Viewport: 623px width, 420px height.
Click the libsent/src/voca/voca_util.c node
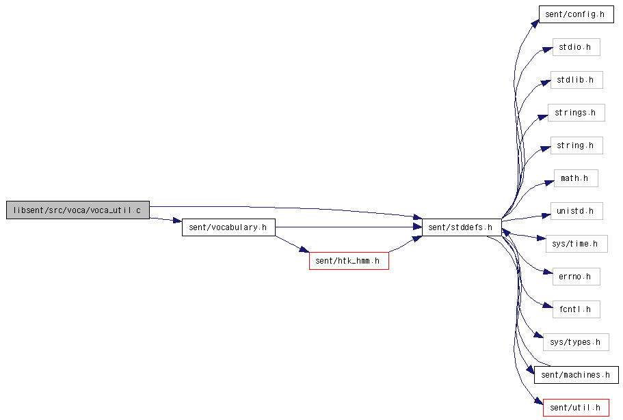78,210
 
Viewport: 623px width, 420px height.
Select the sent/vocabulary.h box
228,227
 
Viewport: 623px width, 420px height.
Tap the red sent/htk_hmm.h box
349,261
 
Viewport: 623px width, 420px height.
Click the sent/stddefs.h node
462,227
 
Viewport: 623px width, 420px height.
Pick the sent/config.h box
576,14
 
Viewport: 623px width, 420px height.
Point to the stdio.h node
576,47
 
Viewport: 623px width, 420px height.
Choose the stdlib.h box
576,80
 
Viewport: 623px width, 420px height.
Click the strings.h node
576,113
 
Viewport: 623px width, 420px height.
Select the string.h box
576,145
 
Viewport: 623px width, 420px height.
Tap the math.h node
576,178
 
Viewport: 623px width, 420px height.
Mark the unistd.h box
576,211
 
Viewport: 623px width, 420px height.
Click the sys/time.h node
576,244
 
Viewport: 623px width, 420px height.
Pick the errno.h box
576,277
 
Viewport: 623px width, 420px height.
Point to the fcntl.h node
576,309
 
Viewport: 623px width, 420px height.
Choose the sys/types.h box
576,342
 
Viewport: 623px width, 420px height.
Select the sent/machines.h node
576,375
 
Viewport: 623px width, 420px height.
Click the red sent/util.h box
576,408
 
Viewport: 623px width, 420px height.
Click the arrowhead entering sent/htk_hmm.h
305,249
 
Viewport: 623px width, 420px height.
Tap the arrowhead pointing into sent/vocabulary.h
178,221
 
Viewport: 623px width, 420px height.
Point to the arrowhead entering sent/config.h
535,24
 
